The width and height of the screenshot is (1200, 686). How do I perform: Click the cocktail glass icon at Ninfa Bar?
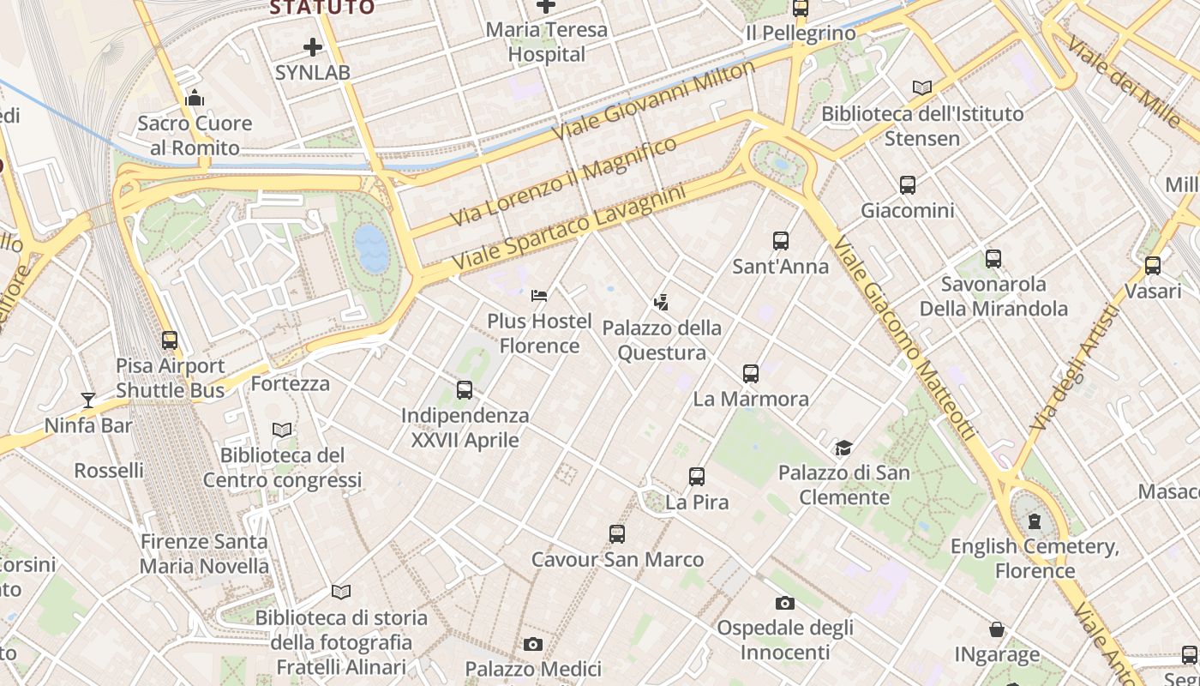(87, 400)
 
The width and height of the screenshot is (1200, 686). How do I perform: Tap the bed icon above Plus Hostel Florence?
(539, 296)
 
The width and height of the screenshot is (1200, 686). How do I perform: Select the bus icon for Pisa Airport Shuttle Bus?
(170, 340)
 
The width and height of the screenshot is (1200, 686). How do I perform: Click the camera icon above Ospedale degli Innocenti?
(784, 603)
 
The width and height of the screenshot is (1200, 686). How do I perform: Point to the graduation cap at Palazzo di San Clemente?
(844, 448)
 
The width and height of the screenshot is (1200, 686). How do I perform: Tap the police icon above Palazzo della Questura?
(660, 302)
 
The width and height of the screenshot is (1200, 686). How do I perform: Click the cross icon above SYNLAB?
(312, 47)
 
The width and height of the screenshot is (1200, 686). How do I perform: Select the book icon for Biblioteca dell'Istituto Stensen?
(922, 87)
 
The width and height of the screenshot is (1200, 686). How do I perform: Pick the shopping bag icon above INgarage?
(997, 629)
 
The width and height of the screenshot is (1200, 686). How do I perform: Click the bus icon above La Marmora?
(751, 373)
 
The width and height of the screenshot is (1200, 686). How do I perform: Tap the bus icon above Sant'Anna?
(780, 241)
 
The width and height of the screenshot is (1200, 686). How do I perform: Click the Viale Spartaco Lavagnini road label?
(569, 226)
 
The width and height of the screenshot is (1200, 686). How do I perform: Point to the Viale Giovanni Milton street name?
(654, 101)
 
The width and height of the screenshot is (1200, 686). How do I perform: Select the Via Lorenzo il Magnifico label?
(563, 181)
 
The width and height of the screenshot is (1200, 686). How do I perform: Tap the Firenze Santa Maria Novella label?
(204, 554)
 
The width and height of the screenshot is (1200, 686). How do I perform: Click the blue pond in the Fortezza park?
(371, 248)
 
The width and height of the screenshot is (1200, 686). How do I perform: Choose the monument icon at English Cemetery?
(1035, 521)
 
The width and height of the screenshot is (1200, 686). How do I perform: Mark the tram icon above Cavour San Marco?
(617, 534)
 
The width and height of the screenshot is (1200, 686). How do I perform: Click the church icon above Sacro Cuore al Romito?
(195, 98)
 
